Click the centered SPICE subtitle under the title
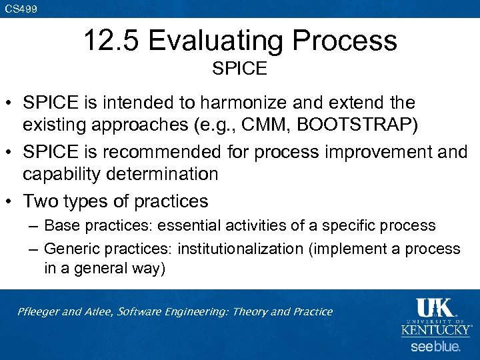[x=239, y=68]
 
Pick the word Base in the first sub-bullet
[x=60, y=225]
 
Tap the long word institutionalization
[x=239, y=249]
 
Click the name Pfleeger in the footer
[x=40, y=312]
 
